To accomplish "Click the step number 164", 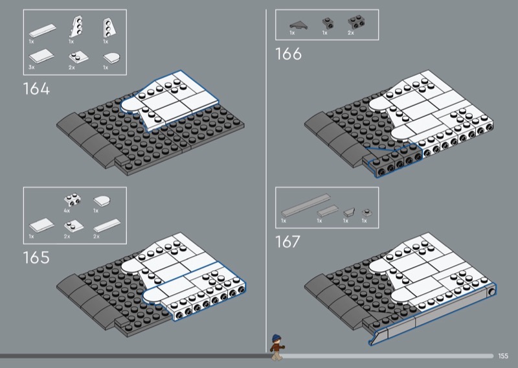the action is tap(36, 89).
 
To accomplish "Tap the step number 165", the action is tap(36, 257).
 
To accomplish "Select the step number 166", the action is tap(288, 54).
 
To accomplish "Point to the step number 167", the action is tap(287, 242).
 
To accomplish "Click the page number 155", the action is tap(503, 356).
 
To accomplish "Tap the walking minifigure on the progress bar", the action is tap(276, 347).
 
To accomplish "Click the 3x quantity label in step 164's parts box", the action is tap(31, 67).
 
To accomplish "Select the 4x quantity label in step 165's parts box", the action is tap(67, 211).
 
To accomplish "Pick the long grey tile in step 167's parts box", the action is tap(306, 205).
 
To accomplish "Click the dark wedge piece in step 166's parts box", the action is tap(298, 25).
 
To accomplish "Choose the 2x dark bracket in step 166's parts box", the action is tap(356, 22).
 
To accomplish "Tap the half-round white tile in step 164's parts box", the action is tap(111, 58).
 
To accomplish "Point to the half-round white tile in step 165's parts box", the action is tap(102, 201).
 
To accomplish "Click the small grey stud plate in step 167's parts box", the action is tap(366, 213).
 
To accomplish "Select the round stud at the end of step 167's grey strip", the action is tap(491, 292).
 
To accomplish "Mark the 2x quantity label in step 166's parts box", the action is tap(351, 33).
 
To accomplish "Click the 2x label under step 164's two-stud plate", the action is tap(72, 67).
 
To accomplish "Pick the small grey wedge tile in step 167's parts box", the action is tap(349, 212).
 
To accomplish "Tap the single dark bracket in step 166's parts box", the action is tap(328, 23).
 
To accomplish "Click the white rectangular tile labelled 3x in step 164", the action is tap(41, 56).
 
